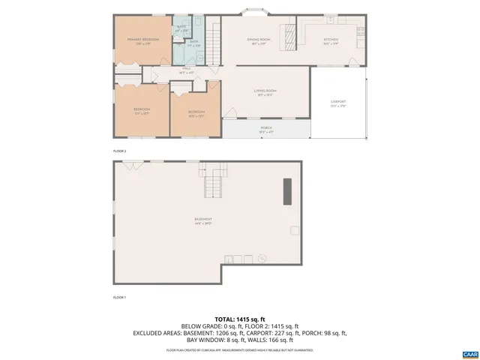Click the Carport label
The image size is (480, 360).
tap(338, 103)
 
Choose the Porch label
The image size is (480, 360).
tap(266, 130)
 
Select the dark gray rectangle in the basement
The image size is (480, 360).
tap(286, 192)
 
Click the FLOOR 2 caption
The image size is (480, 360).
tap(120, 151)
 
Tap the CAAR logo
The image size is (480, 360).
tap(469, 352)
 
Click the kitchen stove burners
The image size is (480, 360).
tap(360, 32)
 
